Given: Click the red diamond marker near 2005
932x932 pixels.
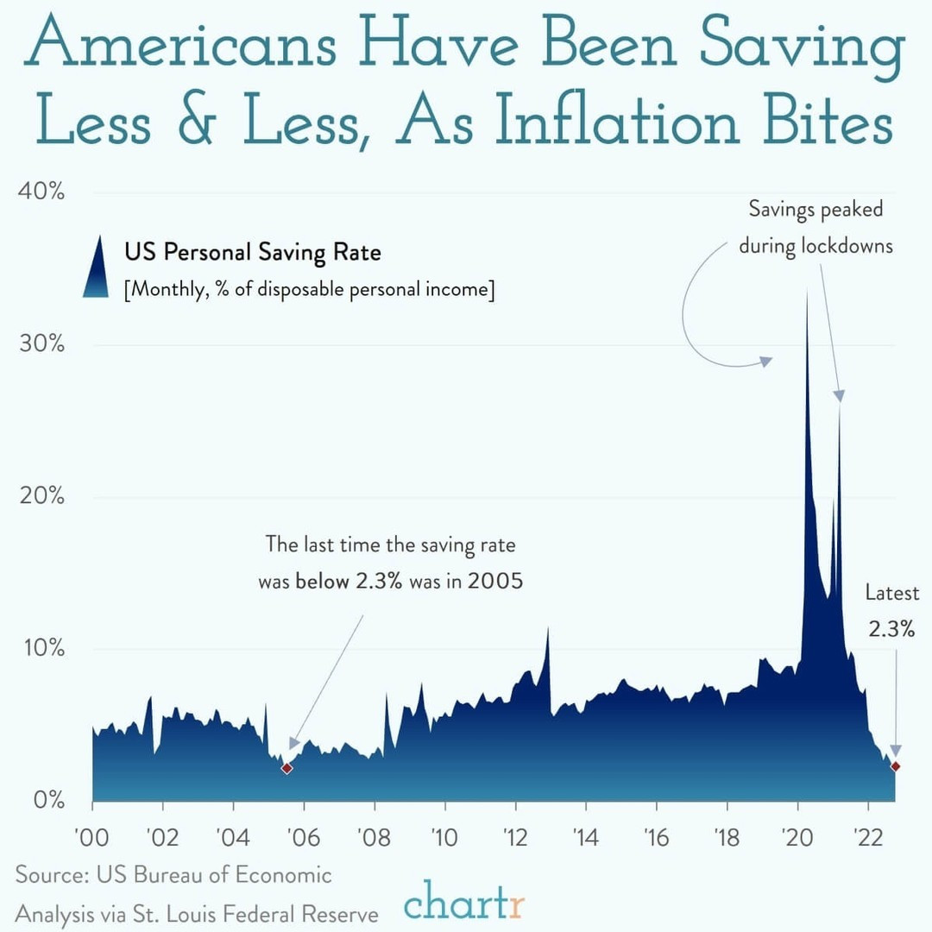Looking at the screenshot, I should click(287, 768).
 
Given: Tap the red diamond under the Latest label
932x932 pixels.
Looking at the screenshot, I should click(896, 766).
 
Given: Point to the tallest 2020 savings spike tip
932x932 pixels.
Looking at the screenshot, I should click(806, 290).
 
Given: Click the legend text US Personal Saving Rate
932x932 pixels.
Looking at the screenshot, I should click(252, 253).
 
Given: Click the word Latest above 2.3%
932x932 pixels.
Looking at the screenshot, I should click(892, 594).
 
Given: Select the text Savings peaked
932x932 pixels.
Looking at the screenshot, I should click(815, 209).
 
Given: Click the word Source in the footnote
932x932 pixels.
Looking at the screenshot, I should click(46, 875).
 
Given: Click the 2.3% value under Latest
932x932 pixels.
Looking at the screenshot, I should click(891, 629).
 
